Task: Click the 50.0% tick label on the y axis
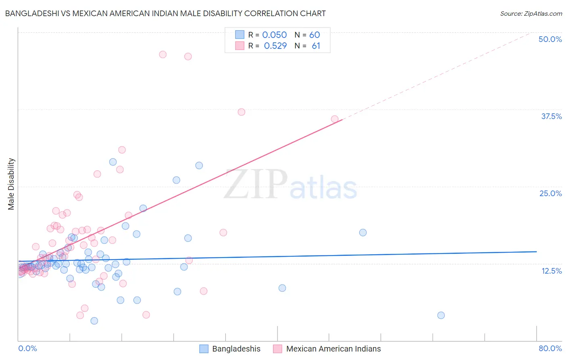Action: coord(550,39)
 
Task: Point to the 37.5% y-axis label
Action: coord(551,116)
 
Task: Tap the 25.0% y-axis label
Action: coord(550,193)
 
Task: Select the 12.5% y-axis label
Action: coord(551,271)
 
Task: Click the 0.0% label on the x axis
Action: coord(27,348)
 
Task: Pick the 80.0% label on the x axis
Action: coord(550,348)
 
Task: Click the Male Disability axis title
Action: coord(11,184)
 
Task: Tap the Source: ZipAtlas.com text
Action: coord(531,13)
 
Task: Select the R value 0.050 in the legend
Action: coord(274,35)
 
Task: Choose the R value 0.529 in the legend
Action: coord(275,46)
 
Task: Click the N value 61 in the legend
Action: coord(316,46)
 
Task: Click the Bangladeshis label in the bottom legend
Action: coord(236,349)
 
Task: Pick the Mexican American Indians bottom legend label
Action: coord(333,349)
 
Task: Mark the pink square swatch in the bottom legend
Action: coord(277,349)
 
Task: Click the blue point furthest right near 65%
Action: coord(441,315)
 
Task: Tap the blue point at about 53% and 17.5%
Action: coord(363,232)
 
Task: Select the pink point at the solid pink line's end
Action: coord(334,119)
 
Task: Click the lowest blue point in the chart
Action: coord(94,321)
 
